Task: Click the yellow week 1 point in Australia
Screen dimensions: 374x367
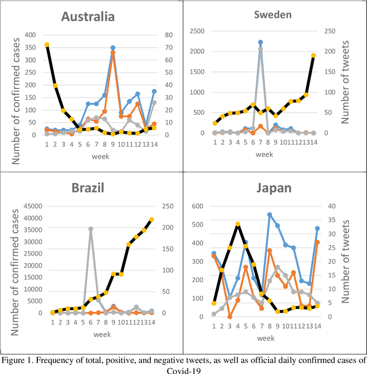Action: coord(47,45)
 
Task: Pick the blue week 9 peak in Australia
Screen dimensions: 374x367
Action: coord(113,48)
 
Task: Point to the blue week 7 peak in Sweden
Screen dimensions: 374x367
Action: coord(260,43)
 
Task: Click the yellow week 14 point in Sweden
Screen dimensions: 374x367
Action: coord(314,56)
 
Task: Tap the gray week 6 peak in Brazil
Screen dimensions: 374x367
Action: coord(91,229)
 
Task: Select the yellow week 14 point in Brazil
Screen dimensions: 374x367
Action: coord(151,219)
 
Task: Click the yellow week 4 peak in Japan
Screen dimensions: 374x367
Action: coord(237,225)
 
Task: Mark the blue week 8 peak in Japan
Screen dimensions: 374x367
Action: coord(269,215)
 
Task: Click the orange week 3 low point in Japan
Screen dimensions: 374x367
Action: coord(229,317)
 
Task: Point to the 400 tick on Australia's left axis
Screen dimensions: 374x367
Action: coord(33,33)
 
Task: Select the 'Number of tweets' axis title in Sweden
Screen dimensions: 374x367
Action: coord(345,82)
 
